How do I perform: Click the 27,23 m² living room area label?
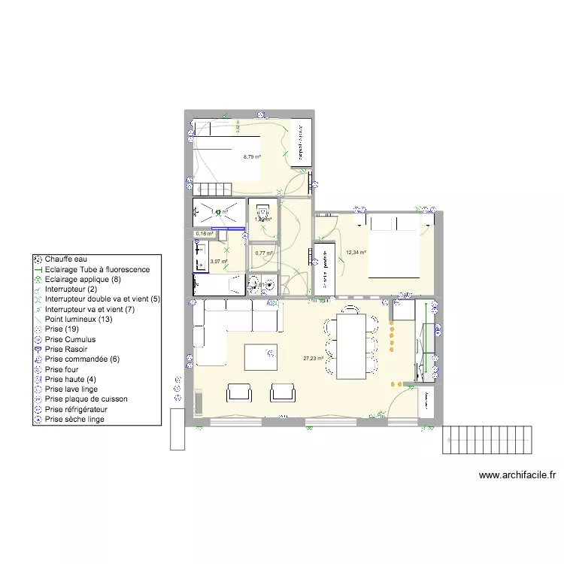click(x=313, y=359)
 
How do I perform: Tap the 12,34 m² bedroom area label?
click(x=356, y=253)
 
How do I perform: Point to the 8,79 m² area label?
click(x=252, y=157)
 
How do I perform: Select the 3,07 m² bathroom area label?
click(x=219, y=262)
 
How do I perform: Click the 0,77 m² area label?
click(x=264, y=253)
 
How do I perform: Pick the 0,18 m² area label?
click(x=204, y=234)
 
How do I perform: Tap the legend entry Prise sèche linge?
click(x=74, y=420)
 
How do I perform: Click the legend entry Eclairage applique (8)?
click(x=83, y=279)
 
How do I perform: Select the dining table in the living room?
click(x=351, y=347)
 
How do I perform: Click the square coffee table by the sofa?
click(x=260, y=358)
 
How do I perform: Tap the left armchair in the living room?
click(x=239, y=392)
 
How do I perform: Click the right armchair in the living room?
click(x=283, y=392)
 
